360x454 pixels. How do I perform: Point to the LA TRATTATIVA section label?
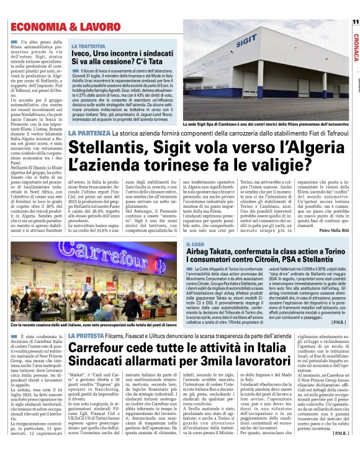pos(88,47)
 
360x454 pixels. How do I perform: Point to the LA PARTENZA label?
pos(89,134)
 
